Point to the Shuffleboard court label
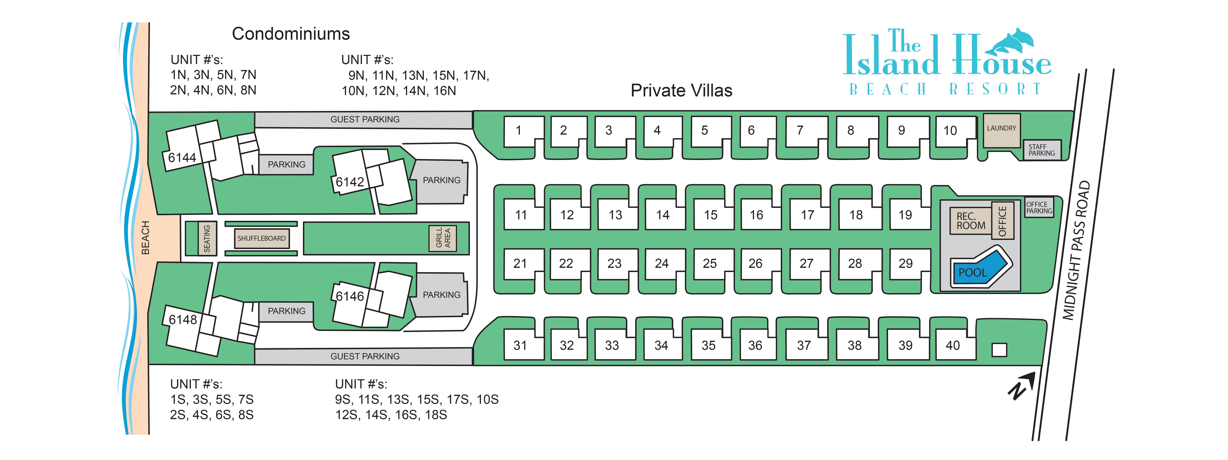tap(261, 238)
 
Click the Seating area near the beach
tap(207, 238)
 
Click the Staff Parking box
tap(1042, 150)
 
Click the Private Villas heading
tap(681, 90)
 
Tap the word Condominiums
tap(291, 34)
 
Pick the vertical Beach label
tap(145, 238)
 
